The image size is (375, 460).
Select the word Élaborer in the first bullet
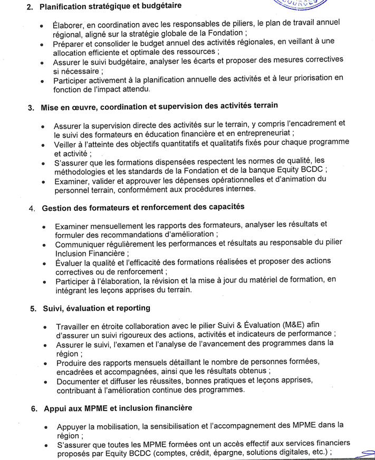point(69,25)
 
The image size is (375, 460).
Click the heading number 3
point(31,107)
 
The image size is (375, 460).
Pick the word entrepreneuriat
point(265,134)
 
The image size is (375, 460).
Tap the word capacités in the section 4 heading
point(226,207)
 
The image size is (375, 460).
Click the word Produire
point(73,363)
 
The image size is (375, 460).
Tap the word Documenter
point(79,381)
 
